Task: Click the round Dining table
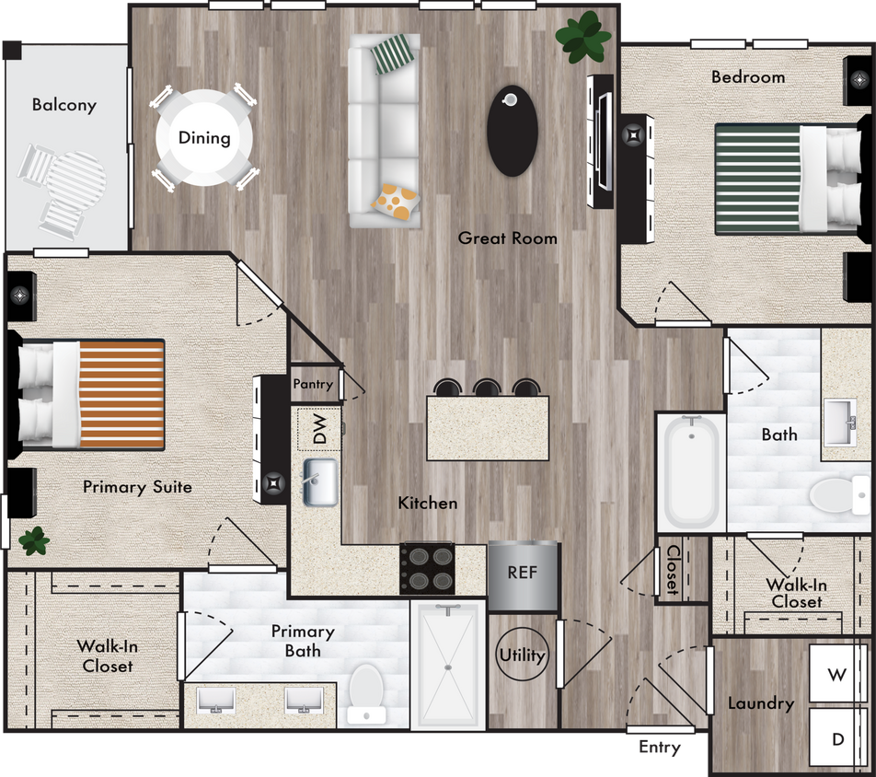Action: tap(203, 138)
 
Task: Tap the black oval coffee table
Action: tap(512, 131)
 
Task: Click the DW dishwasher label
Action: tap(319, 430)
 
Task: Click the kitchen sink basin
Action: tap(320, 482)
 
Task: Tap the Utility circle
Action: tap(523, 655)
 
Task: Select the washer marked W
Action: tap(836, 674)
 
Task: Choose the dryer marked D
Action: tap(837, 738)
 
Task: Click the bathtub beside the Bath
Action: tap(691, 471)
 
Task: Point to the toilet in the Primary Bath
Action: tap(368, 692)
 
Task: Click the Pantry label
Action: tap(313, 384)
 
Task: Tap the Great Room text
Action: tap(508, 238)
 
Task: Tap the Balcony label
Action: tap(64, 105)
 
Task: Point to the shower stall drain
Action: tap(447, 667)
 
